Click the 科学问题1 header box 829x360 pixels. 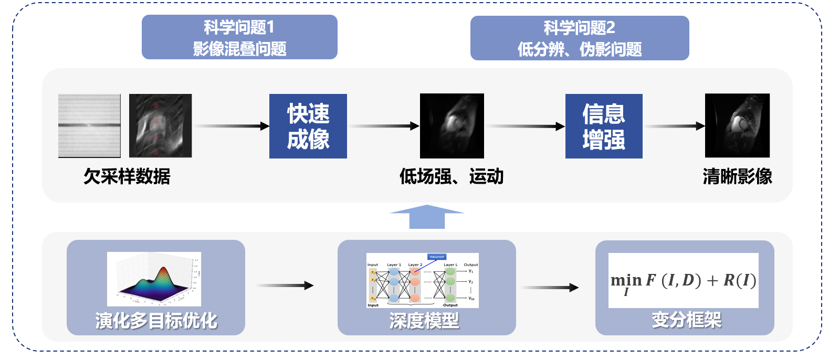(x=239, y=37)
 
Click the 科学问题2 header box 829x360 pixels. (x=579, y=38)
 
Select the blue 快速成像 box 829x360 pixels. (x=308, y=126)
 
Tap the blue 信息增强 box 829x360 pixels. (x=604, y=126)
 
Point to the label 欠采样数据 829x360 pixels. (x=127, y=176)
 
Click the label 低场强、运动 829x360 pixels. (x=452, y=176)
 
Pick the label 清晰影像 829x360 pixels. (x=737, y=176)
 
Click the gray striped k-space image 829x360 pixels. (x=89, y=126)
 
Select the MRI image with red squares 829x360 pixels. (x=160, y=126)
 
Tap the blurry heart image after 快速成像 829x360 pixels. (x=452, y=126)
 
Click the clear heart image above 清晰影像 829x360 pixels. (x=737, y=126)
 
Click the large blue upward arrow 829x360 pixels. (x=427, y=216)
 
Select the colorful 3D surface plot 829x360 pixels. (x=154, y=279)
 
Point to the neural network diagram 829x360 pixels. (x=422, y=281)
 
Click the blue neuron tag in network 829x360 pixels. (x=437, y=257)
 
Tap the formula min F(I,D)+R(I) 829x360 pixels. (x=683, y=281)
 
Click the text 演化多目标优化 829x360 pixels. (x=156, y=321)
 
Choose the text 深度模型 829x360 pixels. (x=424, y=321)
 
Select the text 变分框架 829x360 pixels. (x=686, y=320)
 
